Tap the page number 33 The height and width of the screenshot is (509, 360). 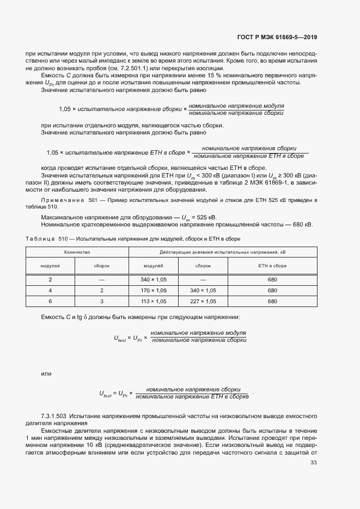313,463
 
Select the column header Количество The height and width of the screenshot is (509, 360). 77,253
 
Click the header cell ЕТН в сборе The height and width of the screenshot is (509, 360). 272,266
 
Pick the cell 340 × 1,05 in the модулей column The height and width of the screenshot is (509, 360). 154,279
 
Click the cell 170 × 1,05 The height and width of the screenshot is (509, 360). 154,290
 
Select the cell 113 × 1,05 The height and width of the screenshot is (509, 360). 154,301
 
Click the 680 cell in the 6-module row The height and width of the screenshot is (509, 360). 272,301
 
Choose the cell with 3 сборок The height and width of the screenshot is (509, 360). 102,301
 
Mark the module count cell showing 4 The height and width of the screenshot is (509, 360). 50,290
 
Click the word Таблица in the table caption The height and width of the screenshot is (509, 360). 40,238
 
